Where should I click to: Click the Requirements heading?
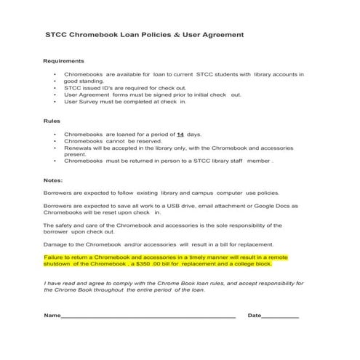click(64, 60)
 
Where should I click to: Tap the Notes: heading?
click(53, 180)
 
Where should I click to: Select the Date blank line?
click(280, 316)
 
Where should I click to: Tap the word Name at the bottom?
click(52, 316)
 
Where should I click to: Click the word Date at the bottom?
click(255, 316)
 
